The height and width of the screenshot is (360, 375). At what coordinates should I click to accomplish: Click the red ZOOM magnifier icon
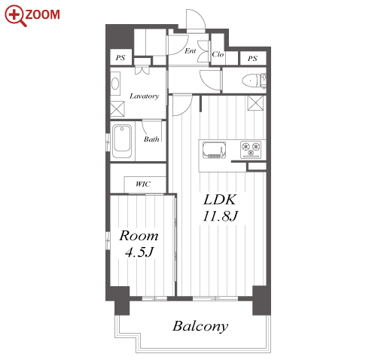pos(16,16)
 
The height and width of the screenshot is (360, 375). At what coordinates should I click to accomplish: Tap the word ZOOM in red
pos(43,14)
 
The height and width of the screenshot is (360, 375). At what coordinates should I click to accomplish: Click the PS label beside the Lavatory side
pos(120,58)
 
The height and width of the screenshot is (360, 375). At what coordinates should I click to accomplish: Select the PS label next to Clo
pos(252,59)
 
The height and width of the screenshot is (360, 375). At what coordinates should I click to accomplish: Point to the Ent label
pos(190,51)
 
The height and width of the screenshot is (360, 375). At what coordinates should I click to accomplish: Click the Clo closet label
pos(218,54)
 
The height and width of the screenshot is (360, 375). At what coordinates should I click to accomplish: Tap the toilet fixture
pos(254,81)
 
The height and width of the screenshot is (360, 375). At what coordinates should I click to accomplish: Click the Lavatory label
pos(145,96)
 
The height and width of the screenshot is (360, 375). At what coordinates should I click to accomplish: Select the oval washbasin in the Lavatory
pos(115,84)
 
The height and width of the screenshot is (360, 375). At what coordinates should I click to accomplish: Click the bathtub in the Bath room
pos(122,142)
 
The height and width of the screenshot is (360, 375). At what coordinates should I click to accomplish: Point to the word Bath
pos(151,139)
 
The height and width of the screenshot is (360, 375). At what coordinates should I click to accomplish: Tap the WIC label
pos(143,184)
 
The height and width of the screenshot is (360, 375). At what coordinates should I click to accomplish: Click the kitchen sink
pos(214,150)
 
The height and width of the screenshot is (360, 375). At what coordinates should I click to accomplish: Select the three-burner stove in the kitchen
pos(251,150)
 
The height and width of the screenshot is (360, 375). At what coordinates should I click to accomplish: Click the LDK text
pos(220,200)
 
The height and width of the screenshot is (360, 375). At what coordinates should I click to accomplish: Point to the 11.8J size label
pos(220,216)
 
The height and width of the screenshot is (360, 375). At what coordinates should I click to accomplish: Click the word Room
pos(139,236)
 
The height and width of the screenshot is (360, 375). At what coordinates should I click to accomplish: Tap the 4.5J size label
pos(139,252)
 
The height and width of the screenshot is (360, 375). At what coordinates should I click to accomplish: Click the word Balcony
pos(200,327)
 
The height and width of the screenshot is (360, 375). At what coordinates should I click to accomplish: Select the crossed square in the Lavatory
pos(117,108)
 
